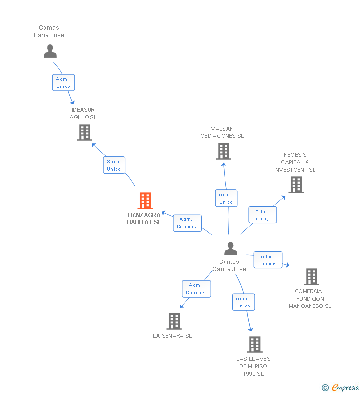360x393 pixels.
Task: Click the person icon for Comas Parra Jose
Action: pos(50,51)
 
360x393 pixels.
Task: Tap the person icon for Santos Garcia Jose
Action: pos(230,249)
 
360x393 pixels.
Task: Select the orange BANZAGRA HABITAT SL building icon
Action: pos(145,201)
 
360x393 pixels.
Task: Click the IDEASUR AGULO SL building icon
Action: pos(85,132)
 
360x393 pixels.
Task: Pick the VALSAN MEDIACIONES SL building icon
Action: pos(223,151)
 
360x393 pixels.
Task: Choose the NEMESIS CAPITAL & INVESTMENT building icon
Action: pos(296,185)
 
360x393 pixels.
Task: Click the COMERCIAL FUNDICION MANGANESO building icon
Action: pos(311,277)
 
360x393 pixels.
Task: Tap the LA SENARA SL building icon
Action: pos(174,321)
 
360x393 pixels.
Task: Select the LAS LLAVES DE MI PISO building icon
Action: pos(254,345)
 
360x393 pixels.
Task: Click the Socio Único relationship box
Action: pos(114,165)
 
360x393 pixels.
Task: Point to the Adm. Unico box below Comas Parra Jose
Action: pos(63,83)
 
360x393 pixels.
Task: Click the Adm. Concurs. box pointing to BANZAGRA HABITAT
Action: pos(187,223)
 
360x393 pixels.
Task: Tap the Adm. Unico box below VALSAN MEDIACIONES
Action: pos(226,198)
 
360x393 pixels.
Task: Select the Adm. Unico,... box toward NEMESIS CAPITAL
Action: pos(262,215)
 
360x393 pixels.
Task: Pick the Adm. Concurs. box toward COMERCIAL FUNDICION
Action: pos(268,260)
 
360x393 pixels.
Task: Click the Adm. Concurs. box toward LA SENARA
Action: pos(196,289)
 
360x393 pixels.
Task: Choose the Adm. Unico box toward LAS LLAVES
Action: pos(243,302)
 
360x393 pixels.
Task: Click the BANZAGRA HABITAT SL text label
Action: pos(144,218)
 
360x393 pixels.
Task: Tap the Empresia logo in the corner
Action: pos(345,388)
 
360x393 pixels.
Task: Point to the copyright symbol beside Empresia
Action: pos(325,388)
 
